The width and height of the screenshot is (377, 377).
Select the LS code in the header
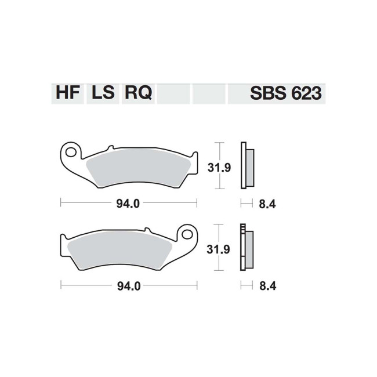102,93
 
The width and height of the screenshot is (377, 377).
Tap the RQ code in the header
138,93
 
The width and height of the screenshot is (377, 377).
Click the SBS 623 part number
285,93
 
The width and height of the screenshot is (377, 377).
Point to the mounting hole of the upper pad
71,153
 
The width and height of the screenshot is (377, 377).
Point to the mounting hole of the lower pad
187,234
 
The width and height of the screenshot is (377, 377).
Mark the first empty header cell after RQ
173,93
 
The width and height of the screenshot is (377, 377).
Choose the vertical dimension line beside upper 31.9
217,165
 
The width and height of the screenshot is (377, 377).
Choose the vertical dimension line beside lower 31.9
217,247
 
